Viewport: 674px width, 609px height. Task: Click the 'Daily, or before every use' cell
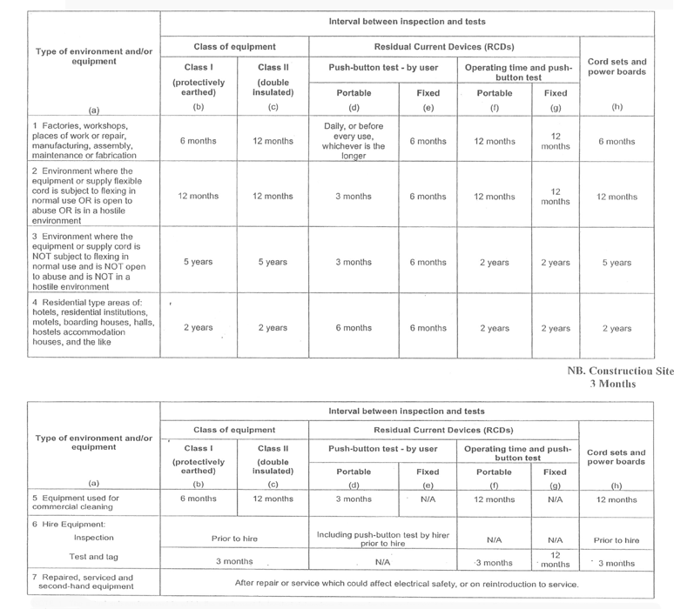(354, 141)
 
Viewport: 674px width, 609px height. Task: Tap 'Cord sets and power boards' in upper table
(617, 67)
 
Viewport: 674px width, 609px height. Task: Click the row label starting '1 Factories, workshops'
(84, 140)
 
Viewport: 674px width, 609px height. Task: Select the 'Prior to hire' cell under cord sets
(616, 540)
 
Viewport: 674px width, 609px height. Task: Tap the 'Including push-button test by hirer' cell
(383, 539)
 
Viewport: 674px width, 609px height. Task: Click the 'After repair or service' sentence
(407, 584)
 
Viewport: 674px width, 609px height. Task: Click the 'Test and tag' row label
(83, 557)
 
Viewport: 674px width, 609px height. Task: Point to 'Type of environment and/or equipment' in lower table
(94, 442)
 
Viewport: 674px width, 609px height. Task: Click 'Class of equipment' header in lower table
(234, 430)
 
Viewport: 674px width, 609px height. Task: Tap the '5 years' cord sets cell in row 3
(617, 263)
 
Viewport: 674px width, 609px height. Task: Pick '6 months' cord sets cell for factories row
(617, 142)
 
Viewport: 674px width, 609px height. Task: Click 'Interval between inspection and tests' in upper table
(407, 22)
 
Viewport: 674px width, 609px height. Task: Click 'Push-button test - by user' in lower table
(383, 449)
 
